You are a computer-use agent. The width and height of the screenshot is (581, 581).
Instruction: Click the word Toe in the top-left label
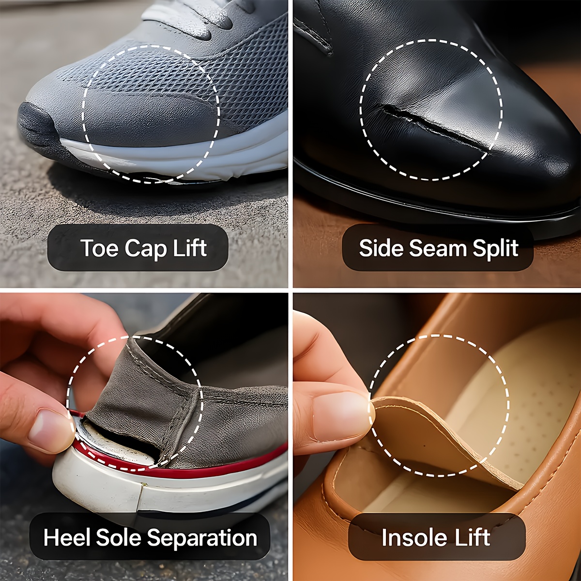(x=99, y=248)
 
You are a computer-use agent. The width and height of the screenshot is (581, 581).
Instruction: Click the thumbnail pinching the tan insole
(x=339, y=414)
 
